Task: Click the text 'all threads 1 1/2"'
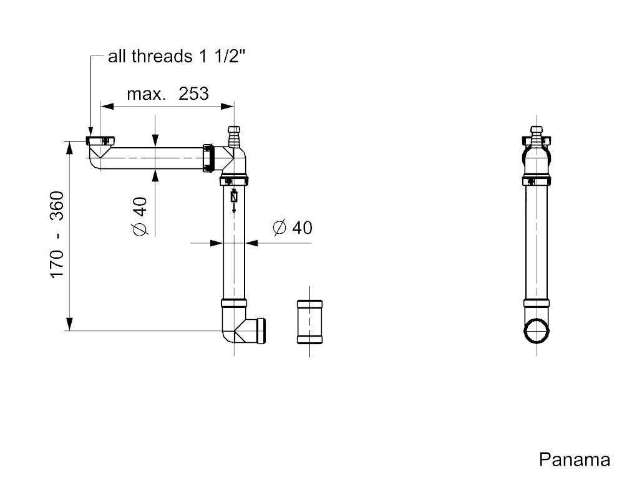point(177,56)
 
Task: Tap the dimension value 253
point(194,94)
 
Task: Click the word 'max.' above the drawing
point(147,95)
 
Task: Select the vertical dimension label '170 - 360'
point(57,234)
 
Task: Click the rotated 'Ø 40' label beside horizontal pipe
point(140,216)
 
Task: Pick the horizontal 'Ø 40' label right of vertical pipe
point(293,228)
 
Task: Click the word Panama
point(575,459)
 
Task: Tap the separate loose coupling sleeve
point(309,322)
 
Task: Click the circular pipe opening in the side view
point(537,330)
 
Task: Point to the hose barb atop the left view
point(234,137)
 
